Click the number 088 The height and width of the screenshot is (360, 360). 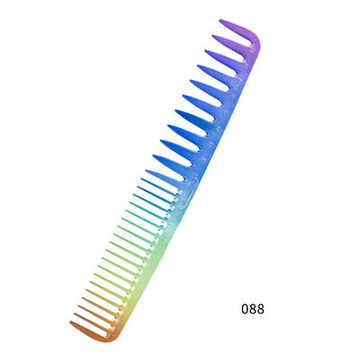tap(253, 309)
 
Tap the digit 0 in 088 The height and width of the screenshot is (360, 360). tap(245, 309)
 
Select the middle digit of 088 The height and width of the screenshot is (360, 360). tap(253, 309)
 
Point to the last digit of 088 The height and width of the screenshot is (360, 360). tap(261, 309)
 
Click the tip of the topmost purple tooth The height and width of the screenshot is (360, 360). tap(220, 20)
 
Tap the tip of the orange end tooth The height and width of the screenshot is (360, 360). tap(71, 322)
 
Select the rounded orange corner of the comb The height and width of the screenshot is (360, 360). tap(110, 338)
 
